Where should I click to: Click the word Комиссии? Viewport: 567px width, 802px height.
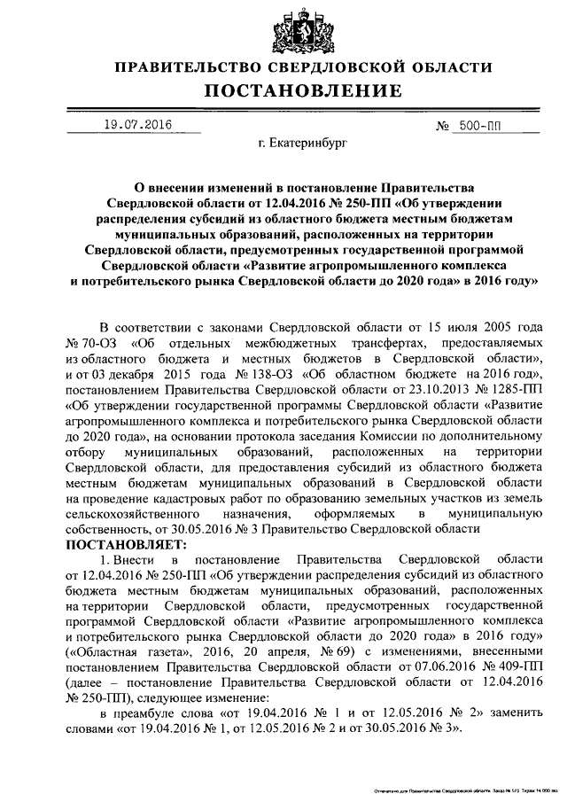392,438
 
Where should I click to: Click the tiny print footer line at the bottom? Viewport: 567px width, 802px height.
461,787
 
